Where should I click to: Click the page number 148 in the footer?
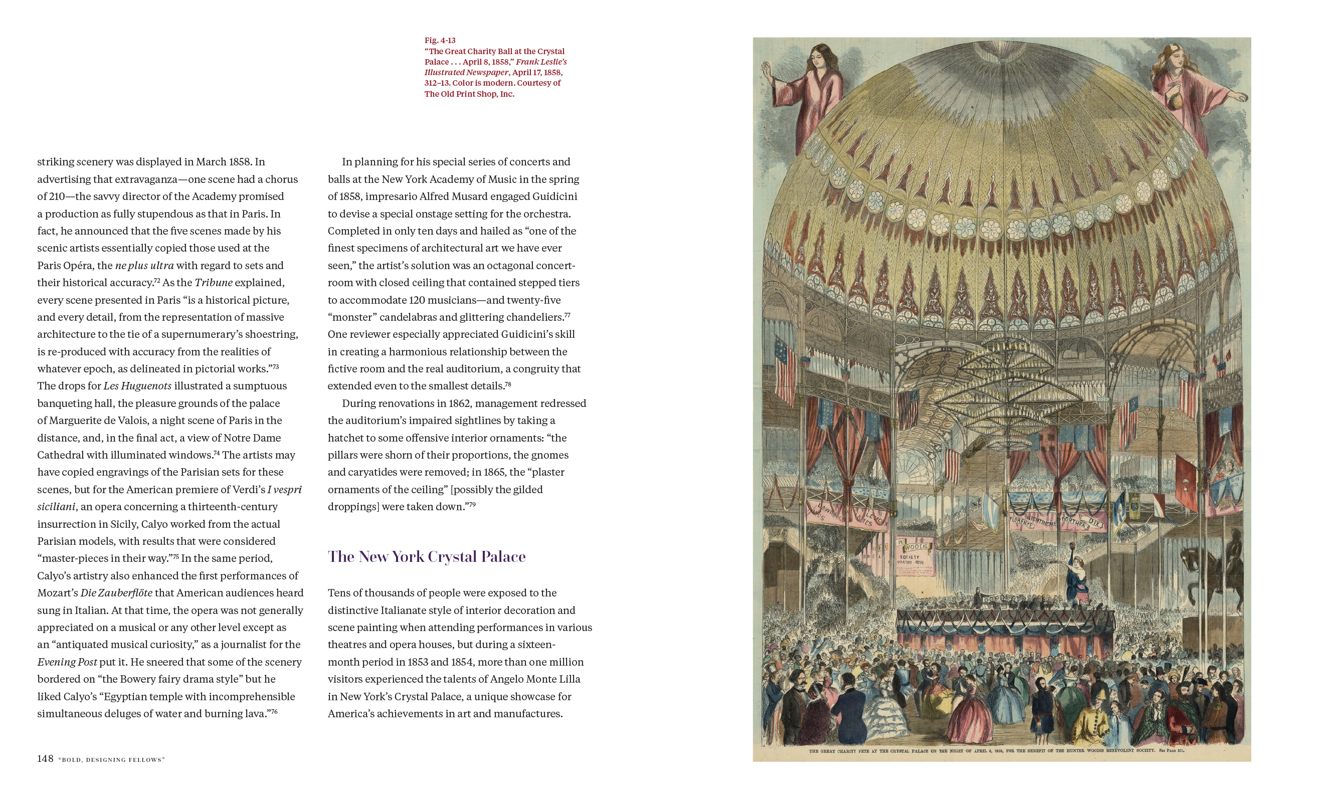(x=45, y=759)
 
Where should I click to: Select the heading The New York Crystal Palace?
(x=427, y=557)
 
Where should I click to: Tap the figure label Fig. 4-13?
(x=440, y=40)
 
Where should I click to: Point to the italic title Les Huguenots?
(x=137, y=386)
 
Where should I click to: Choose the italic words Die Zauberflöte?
(x=116, y=592)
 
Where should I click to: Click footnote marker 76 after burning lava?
(x=274, y=711)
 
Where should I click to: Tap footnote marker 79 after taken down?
(x=472, y=504)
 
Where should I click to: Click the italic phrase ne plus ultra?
(x=144, y=266)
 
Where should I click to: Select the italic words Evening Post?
(x=67, y=662)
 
